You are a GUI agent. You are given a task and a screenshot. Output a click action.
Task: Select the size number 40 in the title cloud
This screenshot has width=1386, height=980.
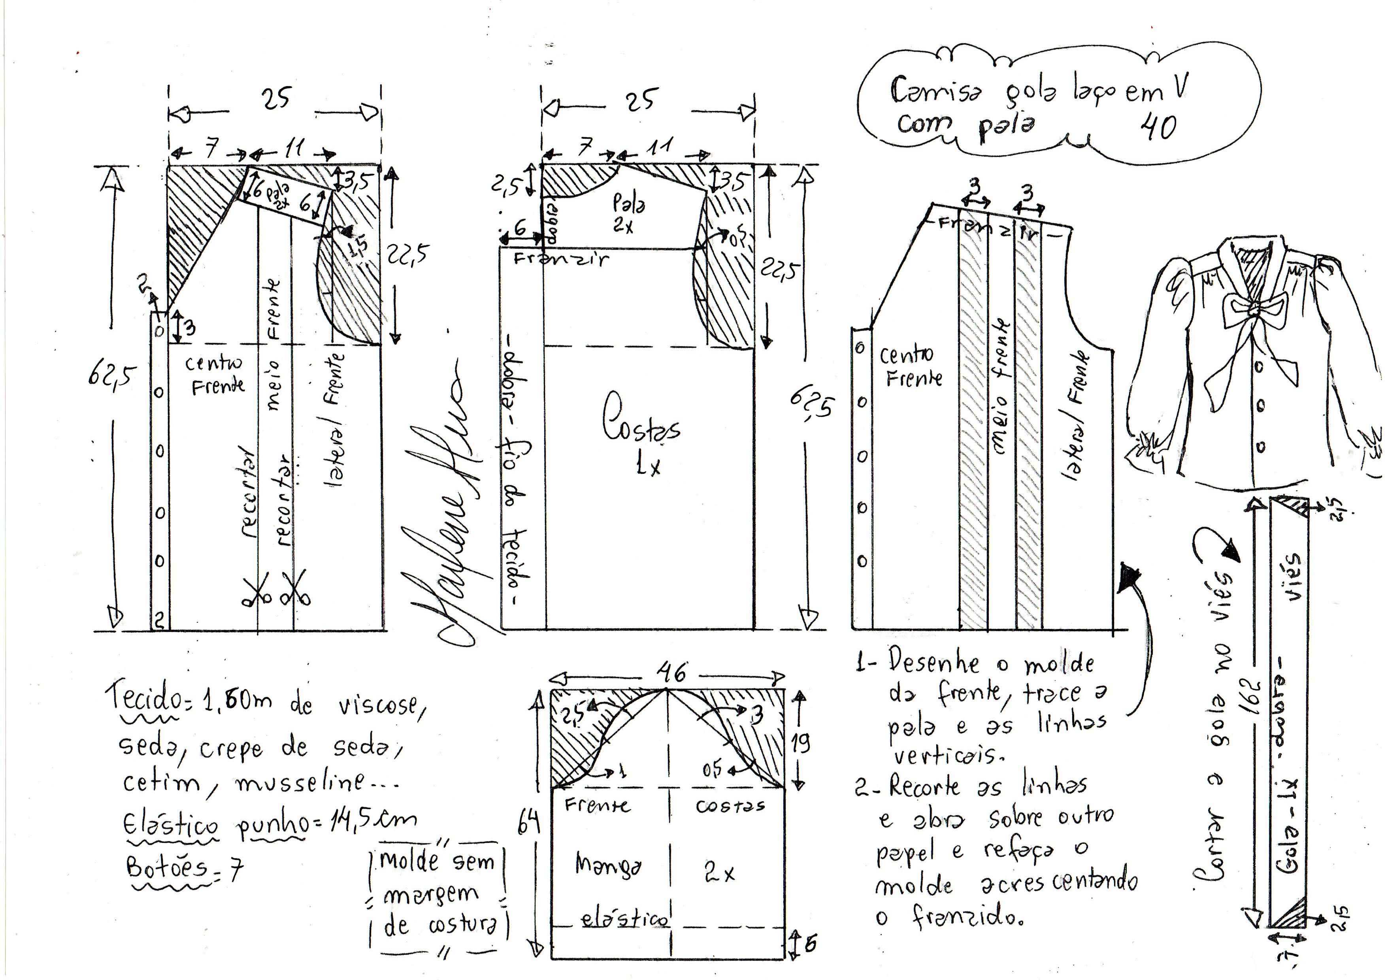pos(1158,127)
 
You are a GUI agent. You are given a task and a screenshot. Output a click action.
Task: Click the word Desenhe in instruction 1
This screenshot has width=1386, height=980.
pos(933,664)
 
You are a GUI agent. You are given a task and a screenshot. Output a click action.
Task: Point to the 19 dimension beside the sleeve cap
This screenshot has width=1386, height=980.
pos(800,742)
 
